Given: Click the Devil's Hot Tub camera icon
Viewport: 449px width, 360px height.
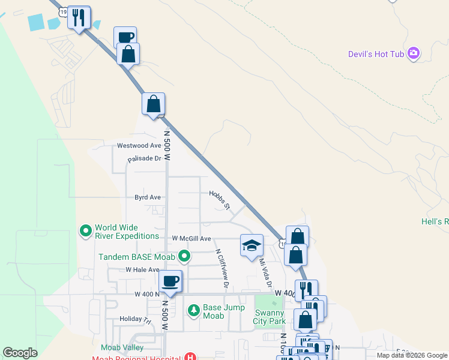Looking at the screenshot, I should coord(413,54).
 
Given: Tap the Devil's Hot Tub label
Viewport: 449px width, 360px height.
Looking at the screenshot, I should coord(376,54).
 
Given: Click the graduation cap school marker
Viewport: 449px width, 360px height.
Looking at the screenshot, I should coord(252,245).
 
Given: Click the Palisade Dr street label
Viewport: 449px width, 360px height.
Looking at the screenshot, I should coord(145,159).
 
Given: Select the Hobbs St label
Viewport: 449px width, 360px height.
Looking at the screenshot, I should coord(220,200).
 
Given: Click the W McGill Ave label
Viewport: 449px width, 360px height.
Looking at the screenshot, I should coord(191,238).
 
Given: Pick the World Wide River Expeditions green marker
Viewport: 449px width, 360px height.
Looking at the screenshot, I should coord(86,230).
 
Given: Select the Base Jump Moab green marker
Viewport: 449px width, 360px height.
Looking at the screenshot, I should coord(193,310).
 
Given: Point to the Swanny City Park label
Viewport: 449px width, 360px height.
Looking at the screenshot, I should coord(268,317).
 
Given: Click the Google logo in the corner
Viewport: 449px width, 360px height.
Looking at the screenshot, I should coord(20,353).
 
